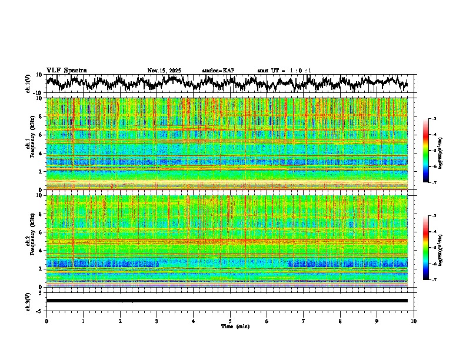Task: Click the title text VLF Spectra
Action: pos(66,71)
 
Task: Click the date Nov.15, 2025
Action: pos(164,71)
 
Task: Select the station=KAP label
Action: pos(218,71)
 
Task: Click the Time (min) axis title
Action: pos(235,326)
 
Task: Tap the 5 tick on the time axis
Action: pos(230,321)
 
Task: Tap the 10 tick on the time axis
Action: pos(414,321)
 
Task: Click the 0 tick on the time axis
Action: pos(46,321)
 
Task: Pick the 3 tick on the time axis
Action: pos(157,321)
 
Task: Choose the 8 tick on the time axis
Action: pos(340,321)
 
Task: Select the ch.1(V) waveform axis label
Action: pos(28,84)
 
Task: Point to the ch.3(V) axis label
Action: pos(28,301)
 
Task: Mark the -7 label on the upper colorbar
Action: pos(433,182)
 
